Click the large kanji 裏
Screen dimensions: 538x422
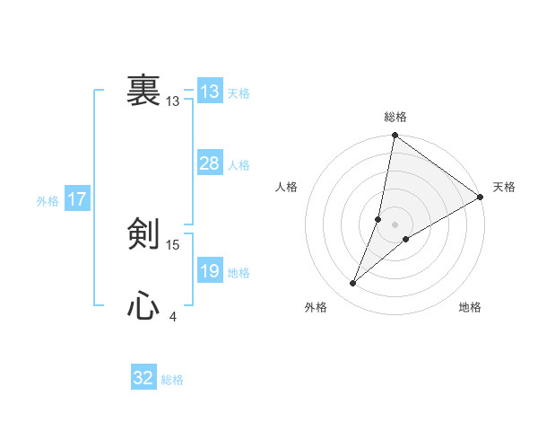pos(143,92)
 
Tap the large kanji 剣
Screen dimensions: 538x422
pos(143,235)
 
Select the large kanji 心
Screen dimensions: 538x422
pos(143,307)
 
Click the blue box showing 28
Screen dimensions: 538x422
pos(209,163)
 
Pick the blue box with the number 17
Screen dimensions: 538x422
pos(77,199)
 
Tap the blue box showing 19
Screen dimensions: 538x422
pos(209,271)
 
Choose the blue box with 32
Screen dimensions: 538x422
pos(143,378)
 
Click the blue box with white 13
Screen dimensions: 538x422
pos(209,92)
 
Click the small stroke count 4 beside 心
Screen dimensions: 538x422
pos(173,317)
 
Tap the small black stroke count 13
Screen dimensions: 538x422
pos(173,101)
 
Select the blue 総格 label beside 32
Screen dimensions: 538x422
pos(172,380)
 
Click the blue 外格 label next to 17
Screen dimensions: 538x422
pos(48,201)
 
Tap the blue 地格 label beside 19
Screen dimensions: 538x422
pos(239,273)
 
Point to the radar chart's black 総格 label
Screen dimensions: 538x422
pos(395,117)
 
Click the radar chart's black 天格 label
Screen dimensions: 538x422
pos(504,187)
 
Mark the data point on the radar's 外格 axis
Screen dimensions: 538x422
pos(353,284)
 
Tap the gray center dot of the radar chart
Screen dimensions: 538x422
pos(395,224)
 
